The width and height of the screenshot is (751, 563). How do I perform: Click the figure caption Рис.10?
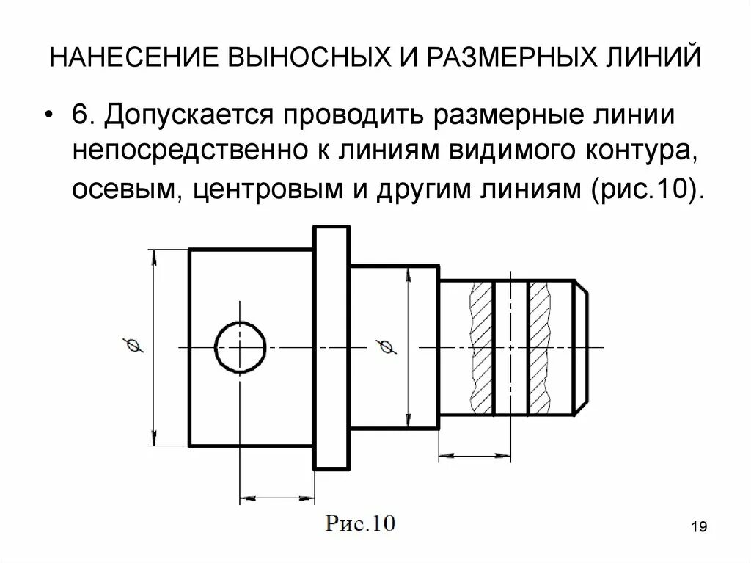point(360,524)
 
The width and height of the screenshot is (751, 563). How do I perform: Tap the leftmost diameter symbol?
point(133,346)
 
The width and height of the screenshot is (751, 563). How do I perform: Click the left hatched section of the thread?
point(480,346)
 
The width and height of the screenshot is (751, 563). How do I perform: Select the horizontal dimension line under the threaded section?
point(475,457)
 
